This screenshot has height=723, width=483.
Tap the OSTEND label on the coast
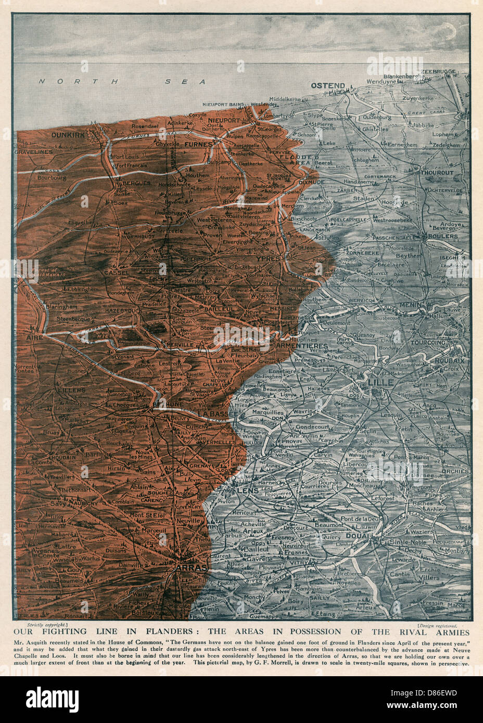click(x=328, y=85)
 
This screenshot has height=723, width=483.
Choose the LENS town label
click(x=247, y=491)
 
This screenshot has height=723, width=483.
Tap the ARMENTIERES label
click(x=302, y=346)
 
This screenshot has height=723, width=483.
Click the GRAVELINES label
click(x=35, y=152)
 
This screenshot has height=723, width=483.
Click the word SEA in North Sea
click(x=190, y=82)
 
